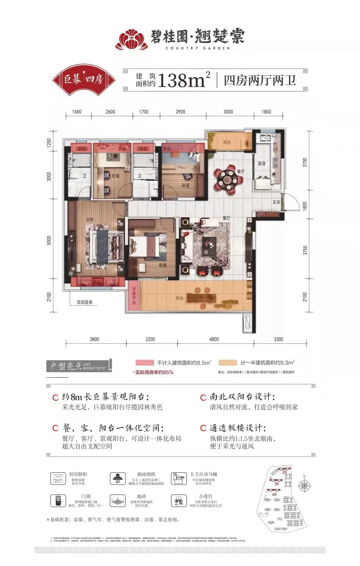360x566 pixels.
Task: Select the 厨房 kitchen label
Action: [262, 164]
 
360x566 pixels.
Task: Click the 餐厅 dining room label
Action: [241, 171]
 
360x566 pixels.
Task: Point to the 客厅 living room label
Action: [226, 218]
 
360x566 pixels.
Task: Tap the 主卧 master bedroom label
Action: [90, 219]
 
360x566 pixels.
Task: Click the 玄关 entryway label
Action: [276, 202]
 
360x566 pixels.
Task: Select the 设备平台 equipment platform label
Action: [134, 296]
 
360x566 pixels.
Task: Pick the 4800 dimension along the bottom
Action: [214, 339]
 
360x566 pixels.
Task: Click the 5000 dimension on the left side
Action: [49, 240]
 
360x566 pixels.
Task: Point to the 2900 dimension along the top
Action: [180, 112]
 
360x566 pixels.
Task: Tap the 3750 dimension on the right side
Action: [305, 250]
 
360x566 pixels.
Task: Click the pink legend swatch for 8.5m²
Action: [145, 363]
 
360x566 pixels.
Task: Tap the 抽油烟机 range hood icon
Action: [117, 479]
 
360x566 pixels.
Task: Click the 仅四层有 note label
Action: [84, 302]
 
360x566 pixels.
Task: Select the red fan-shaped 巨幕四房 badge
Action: [84, 79]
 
